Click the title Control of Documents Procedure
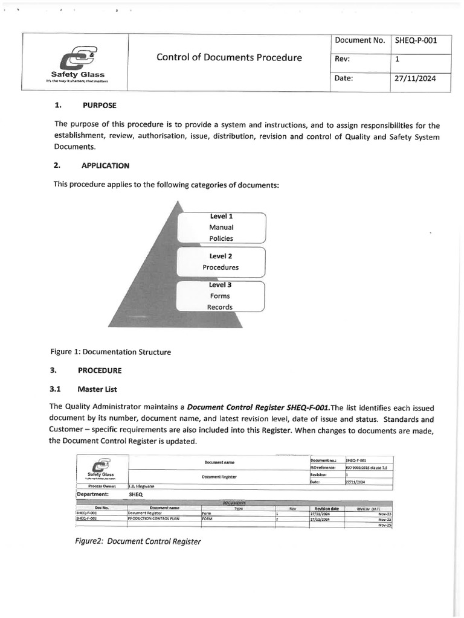229,58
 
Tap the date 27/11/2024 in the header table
414,78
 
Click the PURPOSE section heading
100,105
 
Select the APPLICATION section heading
106,165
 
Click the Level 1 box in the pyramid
221,228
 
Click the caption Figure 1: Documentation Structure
111,352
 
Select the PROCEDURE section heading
103,370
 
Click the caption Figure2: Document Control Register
138,541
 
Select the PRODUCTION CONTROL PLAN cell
153,518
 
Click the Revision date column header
326,508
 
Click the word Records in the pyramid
220,307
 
